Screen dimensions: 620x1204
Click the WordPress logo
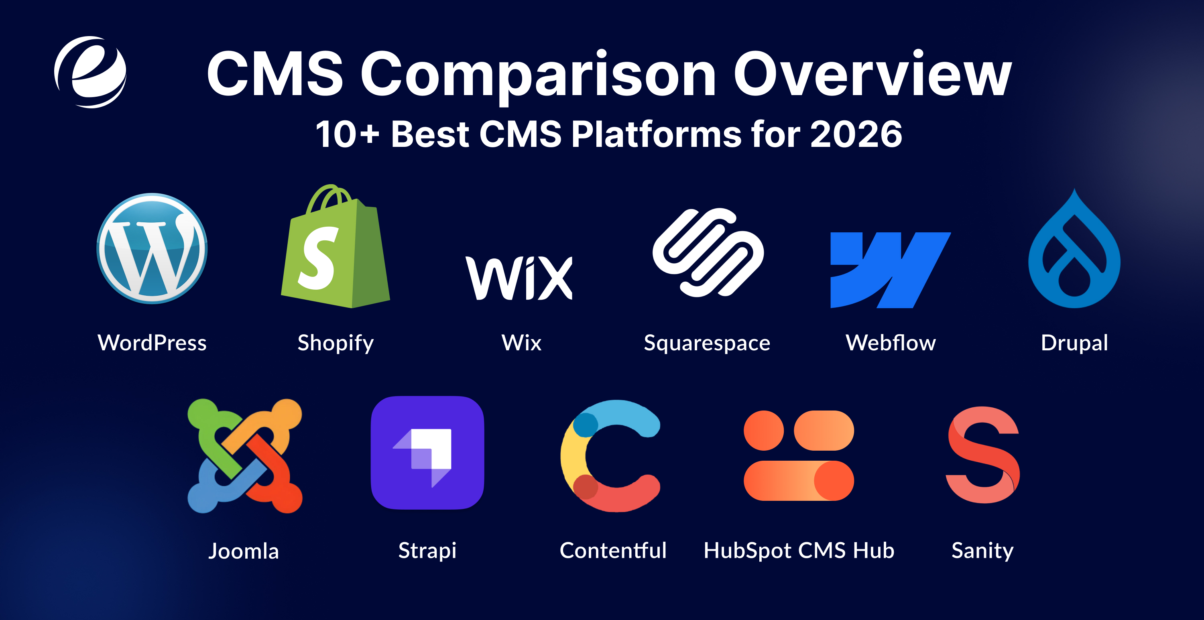tap(152, 248)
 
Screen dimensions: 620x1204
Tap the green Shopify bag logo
tap(335, 250)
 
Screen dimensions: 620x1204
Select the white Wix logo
tap(519, 278)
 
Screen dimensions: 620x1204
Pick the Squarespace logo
tap(708, 252)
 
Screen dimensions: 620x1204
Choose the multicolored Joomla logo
tap(244, 455)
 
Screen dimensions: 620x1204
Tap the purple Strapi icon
tap(427, 452)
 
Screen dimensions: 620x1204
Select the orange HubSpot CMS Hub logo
tap(799, 455)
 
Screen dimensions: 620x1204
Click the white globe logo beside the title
tap(90, 72)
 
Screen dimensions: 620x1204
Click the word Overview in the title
tap(872, 75)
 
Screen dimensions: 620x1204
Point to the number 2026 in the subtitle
tap(856, 134)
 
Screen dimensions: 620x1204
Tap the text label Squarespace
tap(707, 343)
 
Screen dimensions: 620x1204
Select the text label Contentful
tap(613, 551)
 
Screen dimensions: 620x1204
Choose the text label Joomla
tap(244, 551)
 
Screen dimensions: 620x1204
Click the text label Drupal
tap(1074, 343)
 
